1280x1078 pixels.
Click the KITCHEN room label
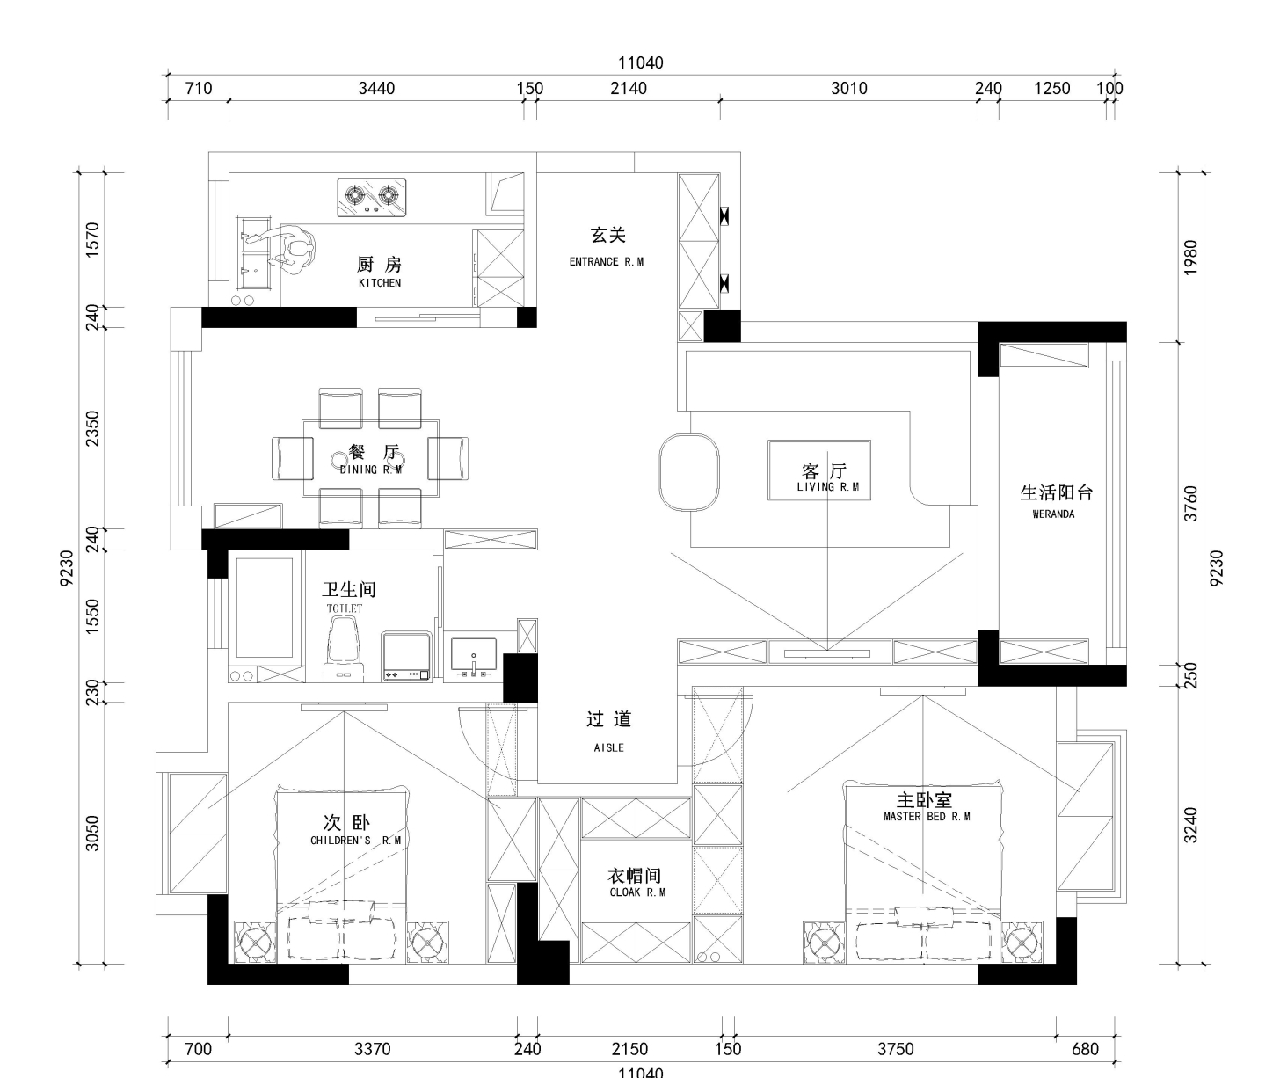click(380, 282)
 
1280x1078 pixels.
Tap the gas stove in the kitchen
click(372, 198)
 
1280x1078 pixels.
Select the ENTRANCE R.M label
click(607, 262)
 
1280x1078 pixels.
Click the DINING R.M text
click(371, 470)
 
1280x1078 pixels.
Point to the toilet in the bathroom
click(344, 649)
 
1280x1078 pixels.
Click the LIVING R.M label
click(827, 487)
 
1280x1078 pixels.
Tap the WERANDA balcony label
click(1053, 514)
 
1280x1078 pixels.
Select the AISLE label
click(608, 747)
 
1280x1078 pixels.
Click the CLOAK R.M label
click(637, 892)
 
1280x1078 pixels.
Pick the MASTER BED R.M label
click(927, 817)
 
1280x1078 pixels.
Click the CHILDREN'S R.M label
click(355, 840)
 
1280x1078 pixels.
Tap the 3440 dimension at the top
click(376, 88)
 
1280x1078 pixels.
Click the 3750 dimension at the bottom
click(895, 1049)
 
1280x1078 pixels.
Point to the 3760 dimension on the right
click(1189, 504)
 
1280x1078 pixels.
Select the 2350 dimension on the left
click(91, 428)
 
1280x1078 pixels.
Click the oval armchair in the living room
click(689, 472)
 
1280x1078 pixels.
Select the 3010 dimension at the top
click(848, 88)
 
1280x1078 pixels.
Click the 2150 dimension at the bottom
click(629, 1049)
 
